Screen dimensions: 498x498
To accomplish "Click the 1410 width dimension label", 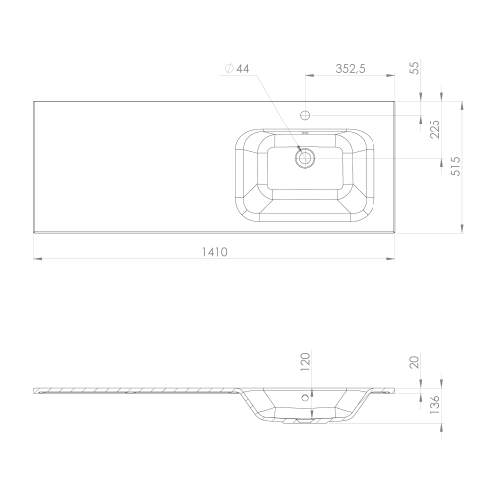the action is (x=215, y=252).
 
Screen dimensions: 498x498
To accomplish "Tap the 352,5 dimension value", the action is (x=350, y=69).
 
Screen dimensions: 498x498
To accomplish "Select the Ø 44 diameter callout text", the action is (x=237, y=68).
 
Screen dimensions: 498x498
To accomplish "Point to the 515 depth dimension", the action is (x=456, y=166).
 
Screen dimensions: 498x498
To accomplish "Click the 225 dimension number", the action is (x=434, y=129).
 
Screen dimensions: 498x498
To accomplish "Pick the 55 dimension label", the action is (x=415, y=68).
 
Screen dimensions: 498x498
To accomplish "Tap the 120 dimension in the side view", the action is (x=305, y=362).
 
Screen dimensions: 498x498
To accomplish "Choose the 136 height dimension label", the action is (x=434, y=404).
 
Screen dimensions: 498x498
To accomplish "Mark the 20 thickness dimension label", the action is (x=415, y=361).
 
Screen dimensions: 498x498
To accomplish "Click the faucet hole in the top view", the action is (x=305, y=115).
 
